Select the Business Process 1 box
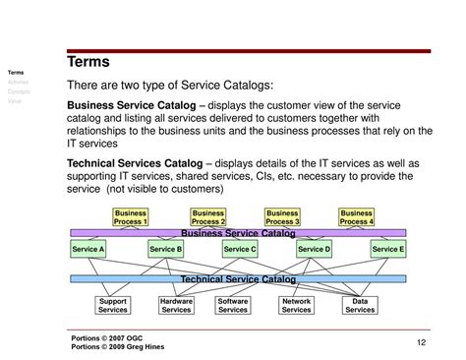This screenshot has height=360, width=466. pos(131,216)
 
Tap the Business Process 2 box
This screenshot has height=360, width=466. pos(208,216)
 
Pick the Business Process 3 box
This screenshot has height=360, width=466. pos(282,216)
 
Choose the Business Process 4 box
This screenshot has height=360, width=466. pos(356,216)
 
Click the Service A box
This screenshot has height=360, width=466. pos(88,250)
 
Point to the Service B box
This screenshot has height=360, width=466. pos(165,250)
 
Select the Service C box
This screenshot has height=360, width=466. pos(240,250)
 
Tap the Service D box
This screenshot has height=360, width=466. pos(314,250)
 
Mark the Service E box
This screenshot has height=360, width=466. pos(388,250)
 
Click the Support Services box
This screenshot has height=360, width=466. pos(113,305)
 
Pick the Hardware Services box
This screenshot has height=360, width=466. pos(176,305)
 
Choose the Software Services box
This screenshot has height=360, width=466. pos(233,305)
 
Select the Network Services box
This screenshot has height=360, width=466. pos(296,305)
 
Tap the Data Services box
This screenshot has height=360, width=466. pos(360,305)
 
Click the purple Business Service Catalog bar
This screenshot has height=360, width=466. pos(237,233)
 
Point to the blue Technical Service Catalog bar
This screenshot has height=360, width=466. pos(237,279)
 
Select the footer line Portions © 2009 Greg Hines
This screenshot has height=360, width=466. pos(119,346)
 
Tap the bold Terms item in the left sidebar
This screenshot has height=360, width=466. pos(16,73)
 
